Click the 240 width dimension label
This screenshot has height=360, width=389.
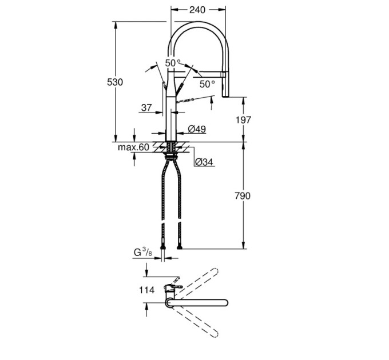pyautogui.click(x=197, y=10)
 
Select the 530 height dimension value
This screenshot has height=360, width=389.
pyautogui.click(x=115, y=82)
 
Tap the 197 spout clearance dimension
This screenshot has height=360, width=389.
pyautogui.click(x=243, y=120)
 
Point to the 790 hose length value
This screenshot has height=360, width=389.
pyautogui.click(x=243, y=196)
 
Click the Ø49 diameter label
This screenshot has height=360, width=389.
pyautogui.click(x=197, y=129)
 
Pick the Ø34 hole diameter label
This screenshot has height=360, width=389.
pyautogui.click(x=204, y=162)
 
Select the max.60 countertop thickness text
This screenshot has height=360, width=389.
pyautogui.click(x=133, y=147)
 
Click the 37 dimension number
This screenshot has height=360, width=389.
pyautogui.click(x=146, y=108)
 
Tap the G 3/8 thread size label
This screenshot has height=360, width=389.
pyautogui.click(x=143, y=253)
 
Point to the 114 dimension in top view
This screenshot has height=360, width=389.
pyautogui.click(x=146, y=290)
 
